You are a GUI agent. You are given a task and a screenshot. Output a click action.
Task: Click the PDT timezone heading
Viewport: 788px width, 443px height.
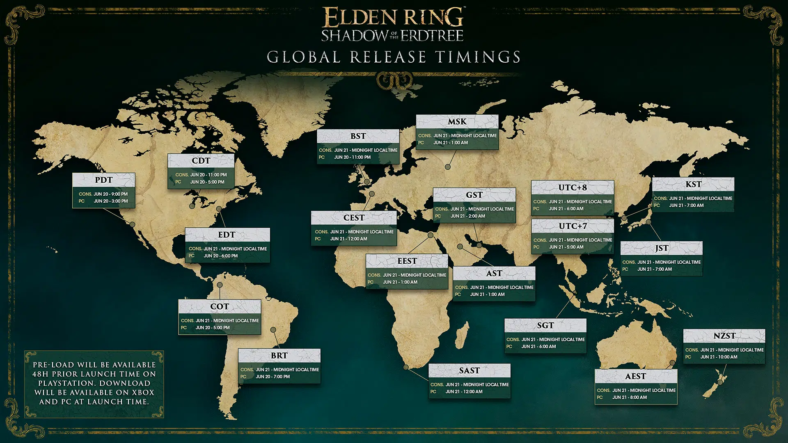pos(103,180)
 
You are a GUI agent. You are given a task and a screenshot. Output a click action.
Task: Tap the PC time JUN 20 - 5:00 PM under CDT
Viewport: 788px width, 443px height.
pos(207,182)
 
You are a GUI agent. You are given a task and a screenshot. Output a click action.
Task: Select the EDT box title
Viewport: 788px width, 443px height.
pos(227,235)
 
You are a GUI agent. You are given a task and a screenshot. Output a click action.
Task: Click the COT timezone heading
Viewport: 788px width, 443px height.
pos(220,307)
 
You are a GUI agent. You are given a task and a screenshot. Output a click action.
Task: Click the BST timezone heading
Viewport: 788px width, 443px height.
pos(358,136)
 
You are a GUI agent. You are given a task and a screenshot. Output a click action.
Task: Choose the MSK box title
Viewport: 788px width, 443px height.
pos(457,122)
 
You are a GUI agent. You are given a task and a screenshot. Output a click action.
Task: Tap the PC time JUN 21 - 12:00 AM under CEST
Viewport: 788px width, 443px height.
pos(348,239)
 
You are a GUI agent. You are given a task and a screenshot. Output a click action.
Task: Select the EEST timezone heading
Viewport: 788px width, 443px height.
pos(407,261)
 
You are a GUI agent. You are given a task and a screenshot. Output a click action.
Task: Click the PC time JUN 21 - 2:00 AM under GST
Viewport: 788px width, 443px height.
pos(467,216)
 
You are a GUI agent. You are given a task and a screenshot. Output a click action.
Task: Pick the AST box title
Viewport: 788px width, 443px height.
pos(494,274)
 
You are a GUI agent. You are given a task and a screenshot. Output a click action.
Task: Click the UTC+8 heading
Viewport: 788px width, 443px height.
pos(572,188)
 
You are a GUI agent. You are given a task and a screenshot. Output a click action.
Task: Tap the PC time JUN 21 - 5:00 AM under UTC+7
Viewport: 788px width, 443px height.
pos(566,247)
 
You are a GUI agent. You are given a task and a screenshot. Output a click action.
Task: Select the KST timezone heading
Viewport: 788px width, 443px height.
pos(693,185)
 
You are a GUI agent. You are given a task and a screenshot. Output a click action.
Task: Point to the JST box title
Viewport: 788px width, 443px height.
pos(661,249)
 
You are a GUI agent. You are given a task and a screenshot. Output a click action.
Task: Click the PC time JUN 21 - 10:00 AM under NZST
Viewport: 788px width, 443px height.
pos(719,357)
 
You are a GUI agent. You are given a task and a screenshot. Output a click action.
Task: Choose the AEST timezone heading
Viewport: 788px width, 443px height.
pos(635,377)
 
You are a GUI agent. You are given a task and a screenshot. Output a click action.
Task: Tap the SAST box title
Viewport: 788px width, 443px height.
pos(469,371)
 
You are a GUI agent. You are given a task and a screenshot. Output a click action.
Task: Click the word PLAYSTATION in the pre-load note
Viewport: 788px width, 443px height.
pos(66,384)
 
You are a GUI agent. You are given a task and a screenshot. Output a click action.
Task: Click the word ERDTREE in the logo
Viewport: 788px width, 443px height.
pos(432,36)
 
